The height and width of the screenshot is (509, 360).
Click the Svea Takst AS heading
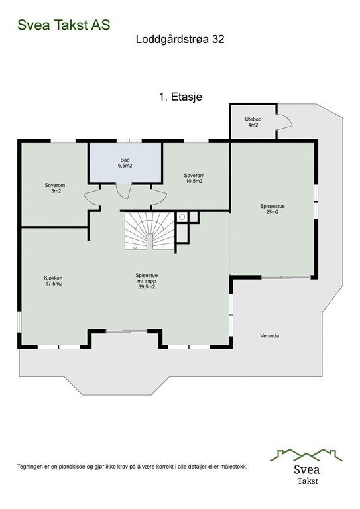[x=64, y=25]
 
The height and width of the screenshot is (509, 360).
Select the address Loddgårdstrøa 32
[x=180, y=40]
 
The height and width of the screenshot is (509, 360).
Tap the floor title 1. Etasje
[x=180, y=97]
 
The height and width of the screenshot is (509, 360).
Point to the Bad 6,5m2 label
[x=125, y=163]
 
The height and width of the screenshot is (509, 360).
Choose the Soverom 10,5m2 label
[x=194, y=178]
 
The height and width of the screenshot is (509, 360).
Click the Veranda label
[x=269, y=336]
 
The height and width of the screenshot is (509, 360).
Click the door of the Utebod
[x=283, y=122]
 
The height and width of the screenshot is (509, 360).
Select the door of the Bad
[x=123, y=191]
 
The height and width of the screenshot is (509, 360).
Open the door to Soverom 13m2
[x=92, y=197]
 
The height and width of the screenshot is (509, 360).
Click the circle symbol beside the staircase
[x=181, y=217]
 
